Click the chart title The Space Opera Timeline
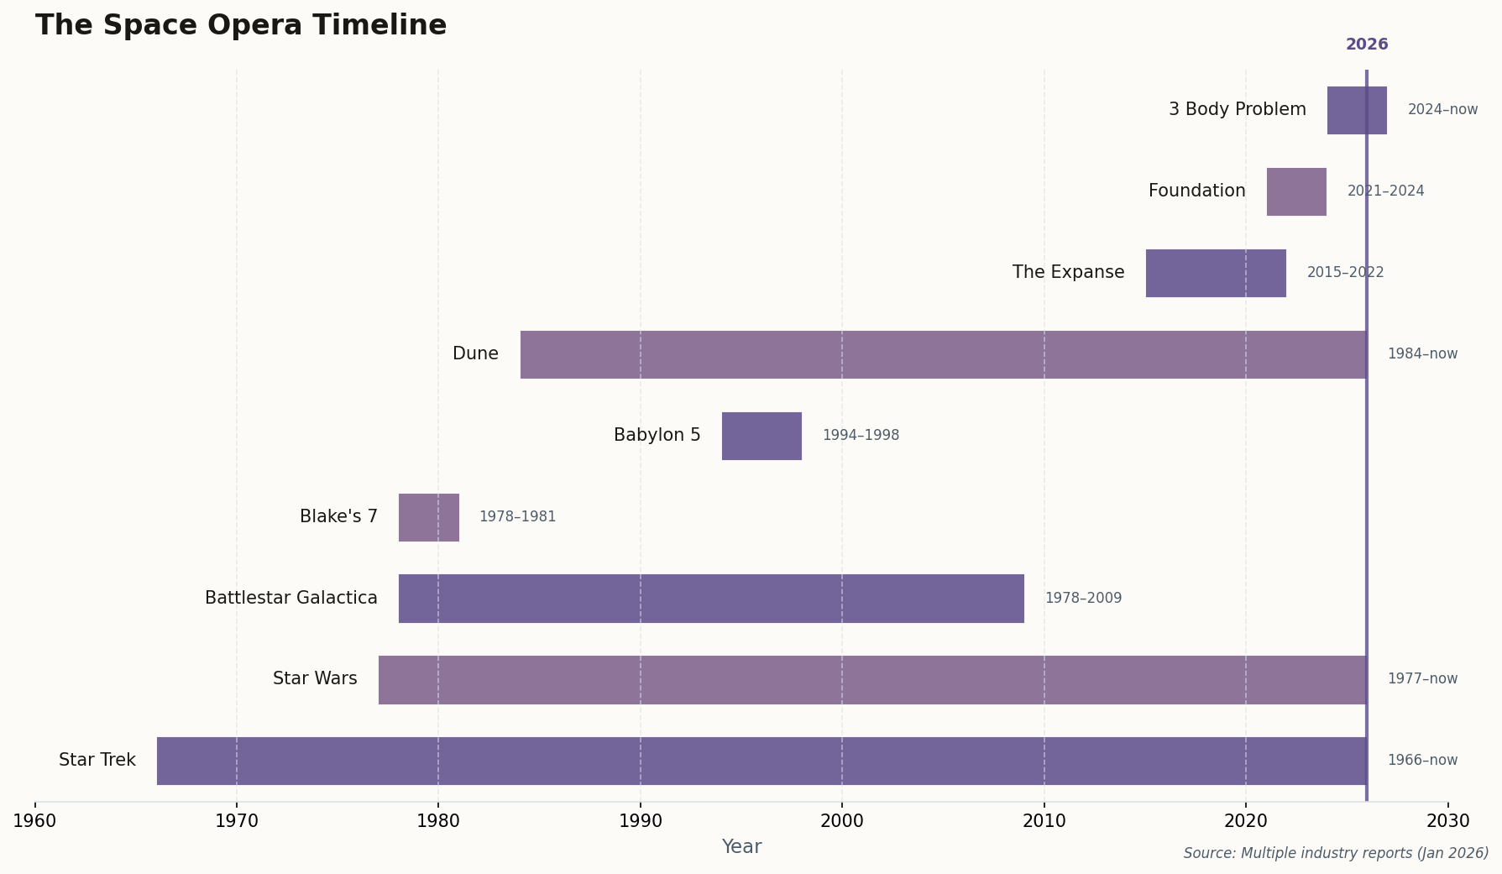[241, 26]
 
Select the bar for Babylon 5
[761, 436]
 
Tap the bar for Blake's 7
[428, 517]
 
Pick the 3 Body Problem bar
[1356, 110]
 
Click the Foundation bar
[1296, 191]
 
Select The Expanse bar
[1215, 273]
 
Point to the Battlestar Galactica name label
[291, 598]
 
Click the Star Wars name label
[315, 678]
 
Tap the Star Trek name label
[97, 760]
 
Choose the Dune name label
[475, 353]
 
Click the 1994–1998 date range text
[861, 436]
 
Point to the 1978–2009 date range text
[1083, 599]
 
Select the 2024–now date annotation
[1442, 110]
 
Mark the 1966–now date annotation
[1422, 761]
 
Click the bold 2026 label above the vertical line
[1367, 45]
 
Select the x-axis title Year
[741, 847]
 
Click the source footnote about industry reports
[1336, 853]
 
